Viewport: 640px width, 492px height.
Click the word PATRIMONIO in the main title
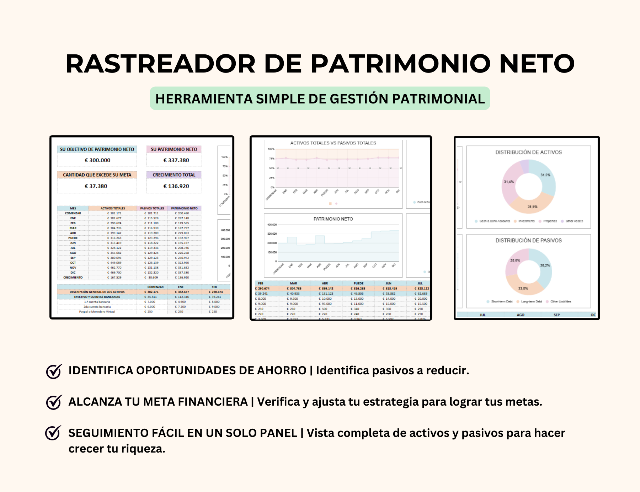pyautogui.click(x=400, y=64)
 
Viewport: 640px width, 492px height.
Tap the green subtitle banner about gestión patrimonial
pyautogui.click(x=320, y=98)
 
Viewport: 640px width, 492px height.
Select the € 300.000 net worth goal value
pyautogui.click(x=97, y=160)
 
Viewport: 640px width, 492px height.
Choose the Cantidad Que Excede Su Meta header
pyautogui.click(x=97, y=175)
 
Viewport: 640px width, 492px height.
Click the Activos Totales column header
pyautogui.click(x=113, y=208)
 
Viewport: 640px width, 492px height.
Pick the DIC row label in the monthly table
pyautogui.click(x=73, y=273)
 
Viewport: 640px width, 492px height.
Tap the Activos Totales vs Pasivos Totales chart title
pyautogui.click(x=333, y=143)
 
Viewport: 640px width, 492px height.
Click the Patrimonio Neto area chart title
pyautogui.click(x=333, y=219)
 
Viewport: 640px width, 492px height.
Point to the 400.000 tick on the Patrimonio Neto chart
pyautogui.click(x=272, y=225)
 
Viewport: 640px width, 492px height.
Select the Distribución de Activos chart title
pyautogui.click(x=529, y=152)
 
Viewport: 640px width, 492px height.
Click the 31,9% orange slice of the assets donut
pyautogui.click(x=532, y=204)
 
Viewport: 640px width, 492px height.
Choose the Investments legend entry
pyautogui.click(x=526, y=221)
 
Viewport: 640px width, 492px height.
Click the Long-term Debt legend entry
pyautogui.click(x=531, y=301)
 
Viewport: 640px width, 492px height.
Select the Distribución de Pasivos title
pyautogui.click(x=529, y=241)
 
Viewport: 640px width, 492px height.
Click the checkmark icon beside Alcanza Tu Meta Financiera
pyautogui.click(x=54, y=402)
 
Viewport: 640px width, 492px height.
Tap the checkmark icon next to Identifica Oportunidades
pyautogui.click(x=54, y=371)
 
